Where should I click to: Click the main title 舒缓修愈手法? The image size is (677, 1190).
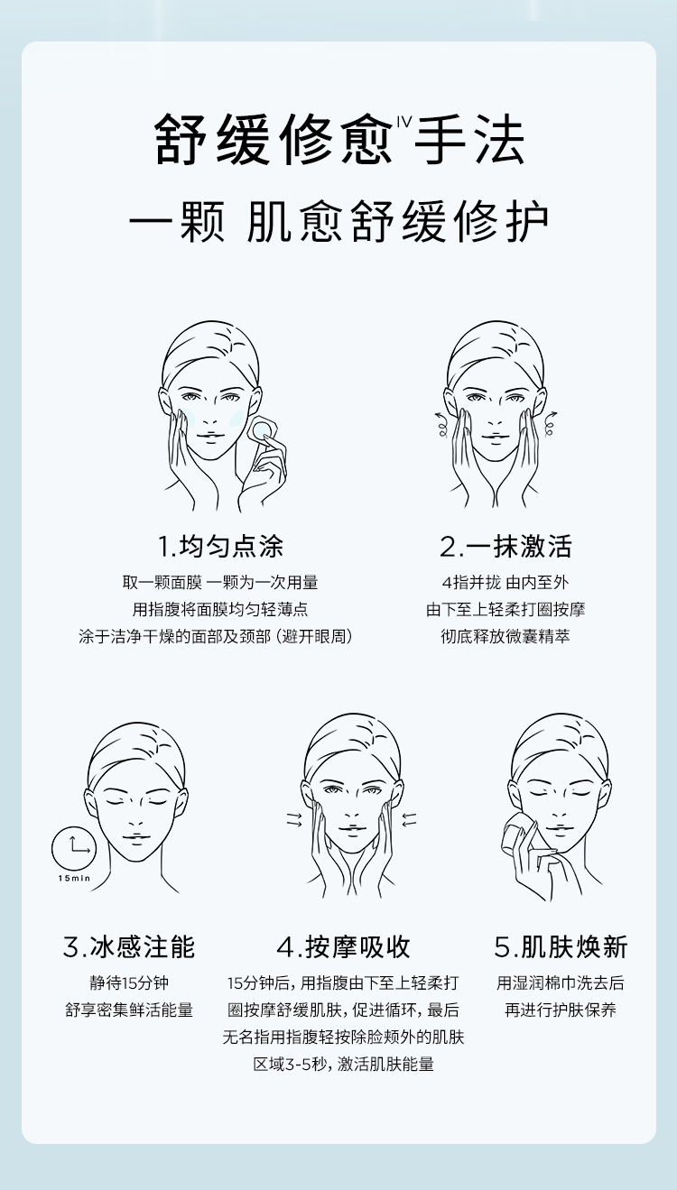point(340,138)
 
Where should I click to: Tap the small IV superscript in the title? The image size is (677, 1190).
point(404,122)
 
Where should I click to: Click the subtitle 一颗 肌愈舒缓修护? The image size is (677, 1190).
point(338,222)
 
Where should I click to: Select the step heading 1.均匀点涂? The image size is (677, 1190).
point(220,546)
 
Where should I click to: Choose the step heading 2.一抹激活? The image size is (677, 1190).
point(505,546)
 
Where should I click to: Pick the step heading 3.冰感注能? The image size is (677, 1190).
point(129,946)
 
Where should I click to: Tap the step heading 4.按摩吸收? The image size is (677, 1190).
point(343,946)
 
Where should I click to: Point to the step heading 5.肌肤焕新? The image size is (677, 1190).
point(561,946)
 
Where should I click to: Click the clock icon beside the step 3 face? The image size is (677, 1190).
point(74,848)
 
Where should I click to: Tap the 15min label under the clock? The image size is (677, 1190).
point(74,878)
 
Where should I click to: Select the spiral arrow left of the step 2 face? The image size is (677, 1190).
point(441,423)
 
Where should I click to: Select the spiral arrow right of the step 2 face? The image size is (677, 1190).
point(550,423)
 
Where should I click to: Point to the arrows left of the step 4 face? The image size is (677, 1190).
point(294,820)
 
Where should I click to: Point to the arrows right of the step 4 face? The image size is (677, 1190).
point(409,820)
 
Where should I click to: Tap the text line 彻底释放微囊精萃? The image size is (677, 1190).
point(505,636)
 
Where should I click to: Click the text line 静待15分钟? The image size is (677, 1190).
point(129,982)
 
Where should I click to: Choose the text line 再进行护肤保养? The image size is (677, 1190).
point(561,1010)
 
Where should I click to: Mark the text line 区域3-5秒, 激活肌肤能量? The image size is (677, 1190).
point(343,1064)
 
